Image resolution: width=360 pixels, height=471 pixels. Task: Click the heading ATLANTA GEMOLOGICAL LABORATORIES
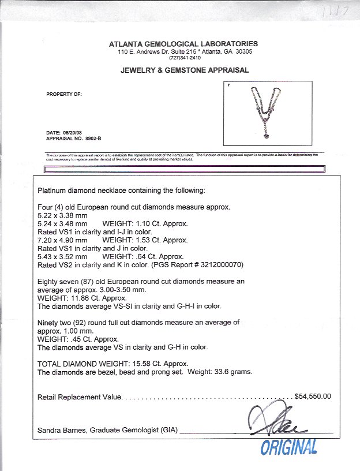click(183, 44)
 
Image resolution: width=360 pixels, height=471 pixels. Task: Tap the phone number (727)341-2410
click(185, 58)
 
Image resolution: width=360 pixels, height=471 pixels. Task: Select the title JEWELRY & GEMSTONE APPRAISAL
click(185, 70)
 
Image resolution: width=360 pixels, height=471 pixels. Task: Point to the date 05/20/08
click(72, 133)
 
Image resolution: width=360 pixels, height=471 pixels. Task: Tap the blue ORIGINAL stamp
click(289, 446)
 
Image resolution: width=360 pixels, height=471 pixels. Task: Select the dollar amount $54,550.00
click(313, 397)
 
